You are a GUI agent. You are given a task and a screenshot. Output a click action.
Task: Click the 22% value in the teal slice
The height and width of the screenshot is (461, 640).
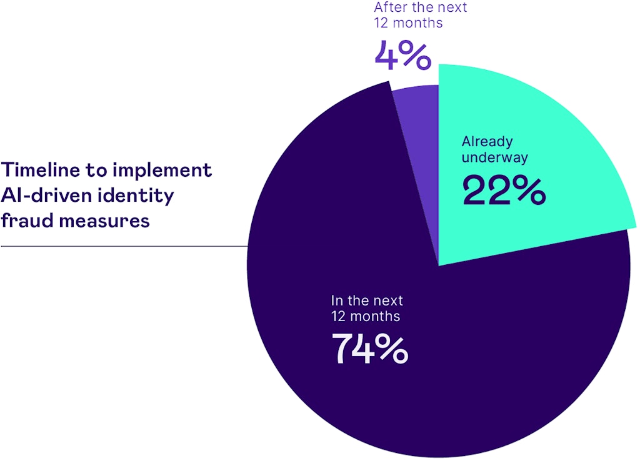coord(504,191)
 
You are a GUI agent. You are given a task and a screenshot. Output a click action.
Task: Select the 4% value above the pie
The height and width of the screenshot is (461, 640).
coord(402,56)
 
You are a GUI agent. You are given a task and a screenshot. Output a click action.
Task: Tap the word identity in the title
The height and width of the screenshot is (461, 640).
coord(137,196)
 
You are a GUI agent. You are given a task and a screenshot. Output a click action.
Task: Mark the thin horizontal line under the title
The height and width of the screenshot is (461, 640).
coord(124,246)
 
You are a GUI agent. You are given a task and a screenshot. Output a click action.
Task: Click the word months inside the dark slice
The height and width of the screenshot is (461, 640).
coord(375,315)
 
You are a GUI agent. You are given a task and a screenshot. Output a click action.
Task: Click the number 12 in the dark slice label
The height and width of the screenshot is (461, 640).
coord(339,315)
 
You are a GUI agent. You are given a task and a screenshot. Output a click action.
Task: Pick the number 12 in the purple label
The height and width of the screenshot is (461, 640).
coord(382,23)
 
